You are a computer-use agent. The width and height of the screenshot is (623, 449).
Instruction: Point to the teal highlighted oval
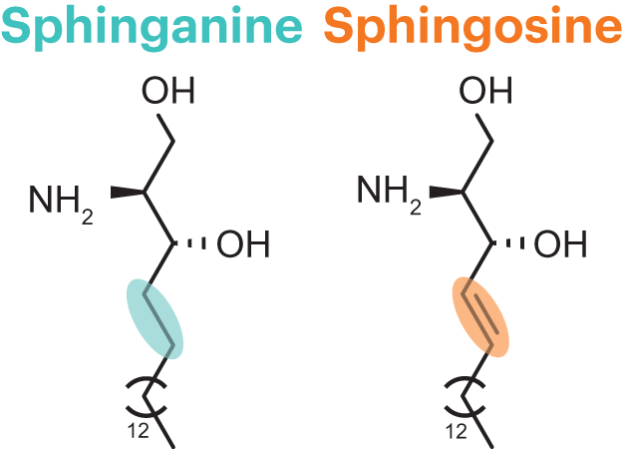(x=156, y=316)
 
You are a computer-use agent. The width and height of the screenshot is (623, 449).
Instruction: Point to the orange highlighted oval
(x=480, y=316)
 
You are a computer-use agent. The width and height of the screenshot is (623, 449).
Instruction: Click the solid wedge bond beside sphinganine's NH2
(x=124, y=192)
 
